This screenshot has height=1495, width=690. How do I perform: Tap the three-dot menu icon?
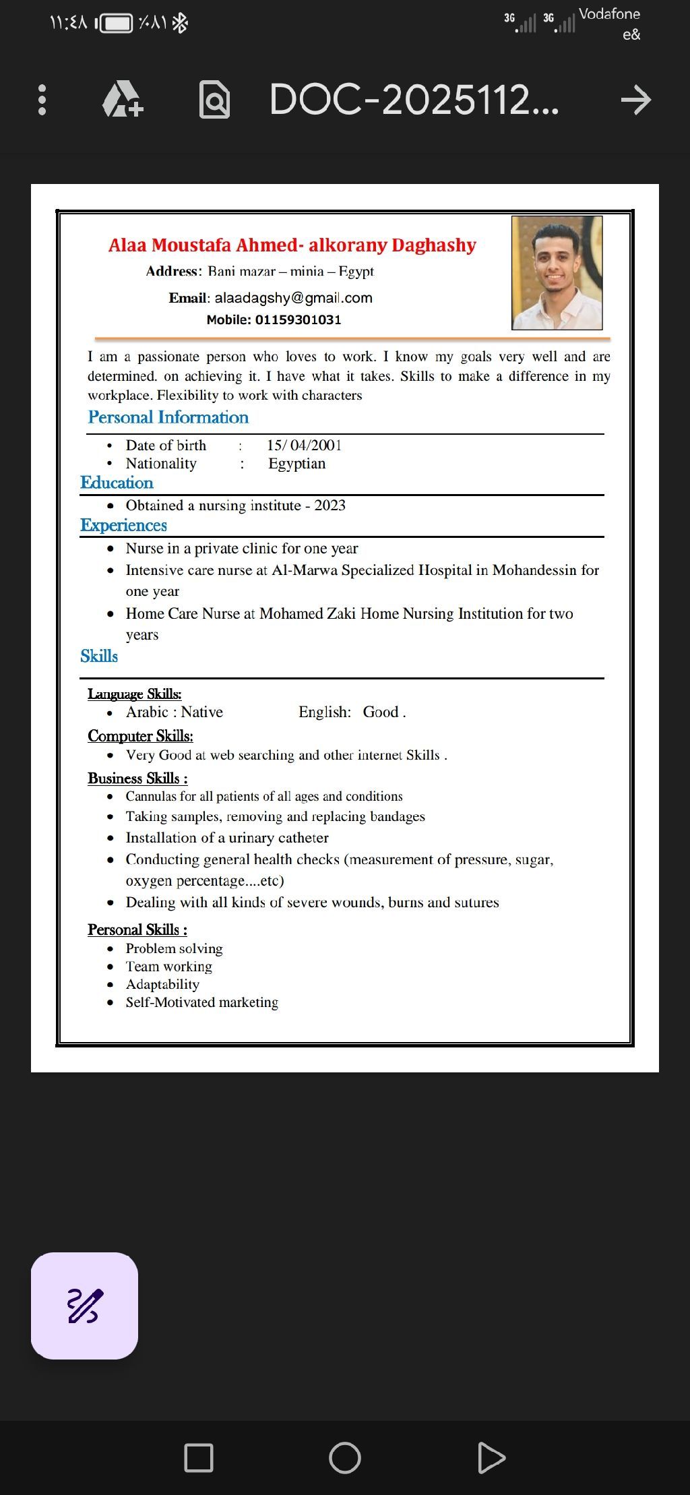click(x=42, y=100)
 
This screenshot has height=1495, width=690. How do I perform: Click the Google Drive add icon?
click(x=123, y=100)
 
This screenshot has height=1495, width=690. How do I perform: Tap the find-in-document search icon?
click(x=214, y=100)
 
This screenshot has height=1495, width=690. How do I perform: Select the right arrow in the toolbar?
click(x=635, y=100)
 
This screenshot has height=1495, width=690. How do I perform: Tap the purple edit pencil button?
click(x=84, y=1306)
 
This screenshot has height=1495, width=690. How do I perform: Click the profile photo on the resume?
click(x=557, y=273)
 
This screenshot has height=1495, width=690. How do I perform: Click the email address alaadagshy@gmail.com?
click(x=293, y=298)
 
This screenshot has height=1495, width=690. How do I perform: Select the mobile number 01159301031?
click(x=298, y=319)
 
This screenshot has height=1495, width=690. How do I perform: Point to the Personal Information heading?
click(x=168, y=417)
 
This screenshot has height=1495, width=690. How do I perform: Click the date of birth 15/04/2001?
click(x=304, y=445)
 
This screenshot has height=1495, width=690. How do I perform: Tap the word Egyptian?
click(x=296, y=464)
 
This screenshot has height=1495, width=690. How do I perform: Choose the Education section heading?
click(x=117, y=483)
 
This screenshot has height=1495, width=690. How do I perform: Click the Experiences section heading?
click(x=123, y=525)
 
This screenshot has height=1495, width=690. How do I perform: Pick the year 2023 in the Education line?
click(x=330, y=506)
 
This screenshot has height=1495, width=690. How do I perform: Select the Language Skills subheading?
click(x=134, y=694)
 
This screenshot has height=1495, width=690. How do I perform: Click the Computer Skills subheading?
click(x=140, y=735)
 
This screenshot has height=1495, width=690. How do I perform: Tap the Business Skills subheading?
click(x=137, y=778)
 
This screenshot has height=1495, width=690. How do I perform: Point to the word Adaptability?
click(x=162, y=984)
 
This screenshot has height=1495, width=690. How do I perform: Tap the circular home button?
click(x=344, y=1458)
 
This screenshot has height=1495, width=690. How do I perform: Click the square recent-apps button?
click(x=199, y=1458)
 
